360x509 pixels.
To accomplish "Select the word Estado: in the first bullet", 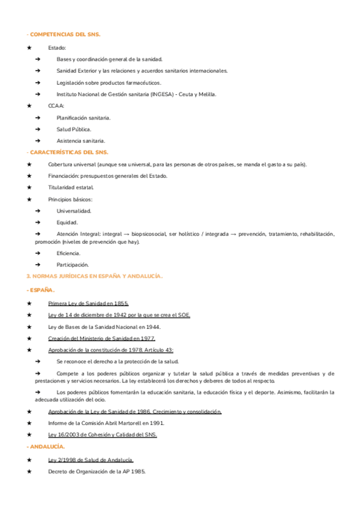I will coord(57,47).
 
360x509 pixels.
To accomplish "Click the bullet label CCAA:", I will coord(56,106).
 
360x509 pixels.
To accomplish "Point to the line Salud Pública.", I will coord(74,129).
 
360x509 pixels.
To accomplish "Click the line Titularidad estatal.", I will coord(71,187).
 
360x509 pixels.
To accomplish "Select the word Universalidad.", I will coord(74,211).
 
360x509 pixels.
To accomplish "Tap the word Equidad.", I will coord(67,222).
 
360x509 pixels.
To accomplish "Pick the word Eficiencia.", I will coord(68,253).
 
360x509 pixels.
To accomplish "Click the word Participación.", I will coord(73,265).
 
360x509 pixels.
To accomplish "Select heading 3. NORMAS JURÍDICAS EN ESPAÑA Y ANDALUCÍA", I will coord(94,276).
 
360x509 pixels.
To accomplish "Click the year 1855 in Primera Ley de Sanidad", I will coord(121,303).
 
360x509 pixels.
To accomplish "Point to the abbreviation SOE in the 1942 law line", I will coord(182,315).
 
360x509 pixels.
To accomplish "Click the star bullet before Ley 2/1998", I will coord(29,460).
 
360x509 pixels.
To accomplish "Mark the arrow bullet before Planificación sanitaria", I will coord(37,118).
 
